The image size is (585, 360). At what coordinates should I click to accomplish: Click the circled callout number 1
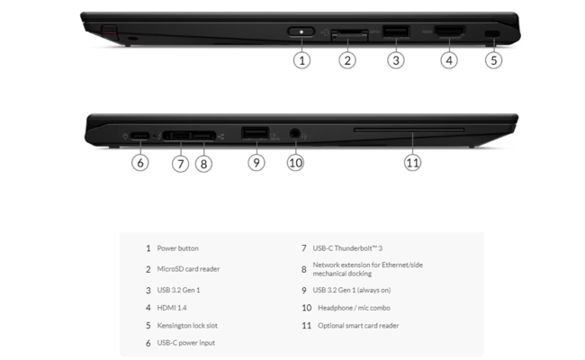coord(302,61)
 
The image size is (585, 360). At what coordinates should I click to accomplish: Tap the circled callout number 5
coord(492,61)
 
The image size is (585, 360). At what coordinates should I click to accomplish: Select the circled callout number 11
coord(412,163)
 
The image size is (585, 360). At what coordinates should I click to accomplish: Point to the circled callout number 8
coord(204,164)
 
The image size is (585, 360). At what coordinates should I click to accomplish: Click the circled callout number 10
coord(295,163)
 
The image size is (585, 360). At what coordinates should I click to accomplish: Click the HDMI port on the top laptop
coord(449,33)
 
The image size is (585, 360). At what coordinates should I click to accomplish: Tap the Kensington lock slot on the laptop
coord(492,33)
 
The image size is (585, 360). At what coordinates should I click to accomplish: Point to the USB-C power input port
coord(139,137)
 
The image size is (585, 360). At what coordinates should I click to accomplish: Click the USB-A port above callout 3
coord(394,33)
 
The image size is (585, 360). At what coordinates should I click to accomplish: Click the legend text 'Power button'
coord(177,247)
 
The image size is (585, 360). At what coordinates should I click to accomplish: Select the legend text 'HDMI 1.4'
coord(172,307)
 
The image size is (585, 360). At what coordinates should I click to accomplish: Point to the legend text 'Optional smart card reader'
coord(357,325)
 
